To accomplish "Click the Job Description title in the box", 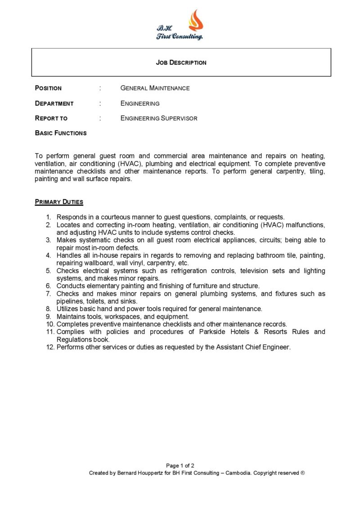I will (181, 63).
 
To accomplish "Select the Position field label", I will (48, 88).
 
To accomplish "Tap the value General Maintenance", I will (155, 88).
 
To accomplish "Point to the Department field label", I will (54, 103).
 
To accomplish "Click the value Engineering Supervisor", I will (159, 118).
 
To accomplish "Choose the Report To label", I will (51, 118).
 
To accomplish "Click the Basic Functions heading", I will (61, 133).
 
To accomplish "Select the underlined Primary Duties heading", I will (59, 202).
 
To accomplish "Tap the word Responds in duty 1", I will (71, 217).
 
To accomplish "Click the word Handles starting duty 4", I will (69, 255).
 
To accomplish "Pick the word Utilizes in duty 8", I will (68, 309).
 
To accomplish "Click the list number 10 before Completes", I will (49, 324).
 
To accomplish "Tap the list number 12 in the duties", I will (49, 347).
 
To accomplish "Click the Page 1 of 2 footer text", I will (180, 466).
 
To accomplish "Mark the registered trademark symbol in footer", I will (303, 473).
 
